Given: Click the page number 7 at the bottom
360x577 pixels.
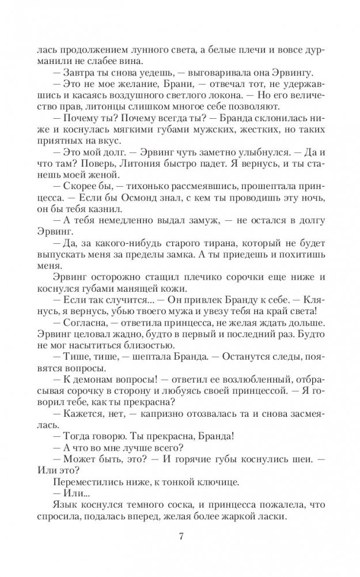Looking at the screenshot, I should pos(181,538).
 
